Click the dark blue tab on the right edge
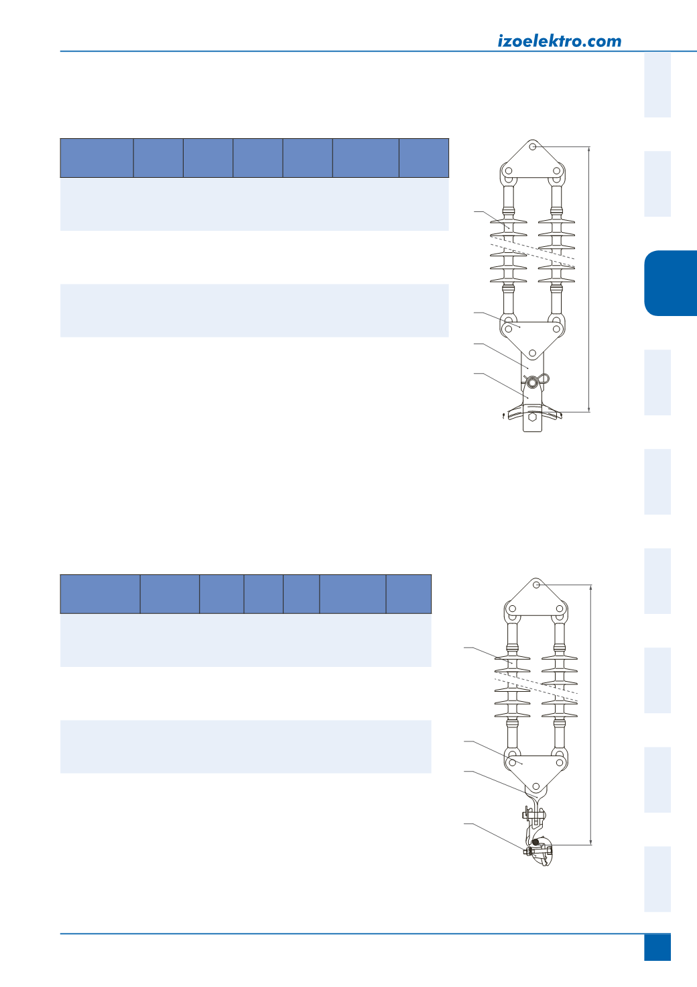pyautogui.click(x=671, y=283)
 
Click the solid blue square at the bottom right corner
pyautogui.click(x=657, y=947)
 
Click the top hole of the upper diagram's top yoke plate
pyautogui.click(x=532, y=146)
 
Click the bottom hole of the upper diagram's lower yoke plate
pyautogui.click(x=532, y=353)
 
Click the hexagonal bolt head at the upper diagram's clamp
pyautogui.click(x=532, y=417)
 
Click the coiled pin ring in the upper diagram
pyautogui.click(x=533, y=382)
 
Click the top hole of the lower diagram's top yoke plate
pyautogui.click(x=536, y=584)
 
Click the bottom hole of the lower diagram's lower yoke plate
pyautogui.click(x=536, y=786)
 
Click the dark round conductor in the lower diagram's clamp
pyautogui.click(x=535, y=842)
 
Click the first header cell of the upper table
pyautogui.click(x=97, y=158)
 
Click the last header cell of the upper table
pyautogui.click(x=424, y=158)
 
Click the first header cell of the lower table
pyautogui.click(x=101, y=594)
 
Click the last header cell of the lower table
pyautogui.click(x=409, y=594)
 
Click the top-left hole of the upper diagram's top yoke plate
pyautogui.click(x=509, y=170)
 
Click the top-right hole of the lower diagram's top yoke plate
pyautogui.click(x=560, y=609)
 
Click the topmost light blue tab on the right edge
pyautogui.click(x=657, y=85)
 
